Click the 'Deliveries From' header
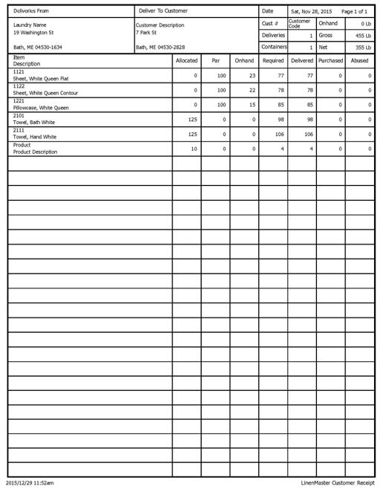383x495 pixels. [31, 11]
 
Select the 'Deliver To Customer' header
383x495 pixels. [163, 11]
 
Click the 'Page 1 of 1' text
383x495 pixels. [354, 11]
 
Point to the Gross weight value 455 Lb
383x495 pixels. [363, 35]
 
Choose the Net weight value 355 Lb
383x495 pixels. [363, 47]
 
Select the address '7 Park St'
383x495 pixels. [145, 33]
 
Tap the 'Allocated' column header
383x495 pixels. [186, 60]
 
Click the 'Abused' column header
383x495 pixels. [359, 60]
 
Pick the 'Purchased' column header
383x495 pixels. [330, 60]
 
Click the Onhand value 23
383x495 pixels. [252, 76]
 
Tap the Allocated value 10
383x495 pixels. [194, 149]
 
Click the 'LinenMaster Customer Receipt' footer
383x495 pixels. [334, 483]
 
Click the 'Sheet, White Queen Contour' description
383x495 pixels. [45, 93]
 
